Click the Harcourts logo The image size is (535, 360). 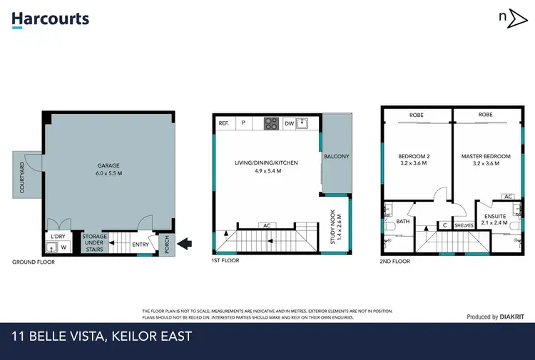50,19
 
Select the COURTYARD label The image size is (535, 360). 22,178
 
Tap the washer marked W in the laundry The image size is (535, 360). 63,248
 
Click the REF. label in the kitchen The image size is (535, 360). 224,123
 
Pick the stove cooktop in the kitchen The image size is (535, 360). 271,123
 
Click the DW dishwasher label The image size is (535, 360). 289,123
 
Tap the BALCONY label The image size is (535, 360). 336,156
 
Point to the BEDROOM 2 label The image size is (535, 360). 414,160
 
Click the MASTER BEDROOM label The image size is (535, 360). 486,160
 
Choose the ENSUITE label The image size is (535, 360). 495,218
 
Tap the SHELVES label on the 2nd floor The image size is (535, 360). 464,226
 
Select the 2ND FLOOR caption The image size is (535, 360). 394,262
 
